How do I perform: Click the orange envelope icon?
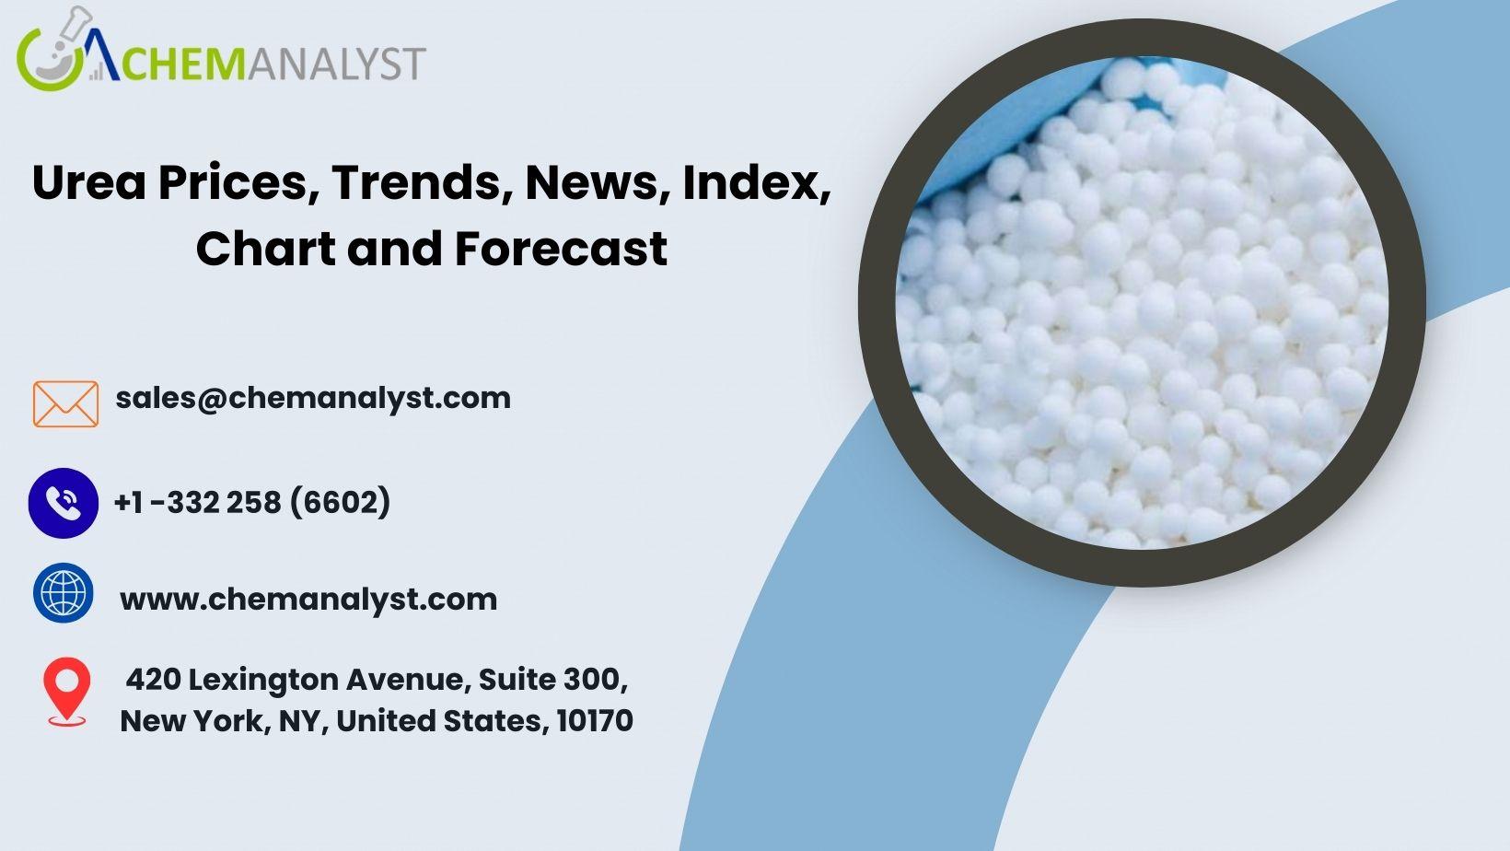pos(65,404)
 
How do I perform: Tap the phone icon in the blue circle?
pos(64,503)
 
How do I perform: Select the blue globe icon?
pos(64,593)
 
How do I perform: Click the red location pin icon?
pos(66,692)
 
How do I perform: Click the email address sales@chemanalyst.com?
pos(313,398)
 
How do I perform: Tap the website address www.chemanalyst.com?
pos(308,600)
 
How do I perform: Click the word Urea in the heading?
pos(89,182)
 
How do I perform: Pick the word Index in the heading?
pos(757,182)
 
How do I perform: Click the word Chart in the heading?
pos(265,248)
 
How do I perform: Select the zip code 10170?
pos(595,721)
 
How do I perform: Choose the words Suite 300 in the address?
pos(552,680)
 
